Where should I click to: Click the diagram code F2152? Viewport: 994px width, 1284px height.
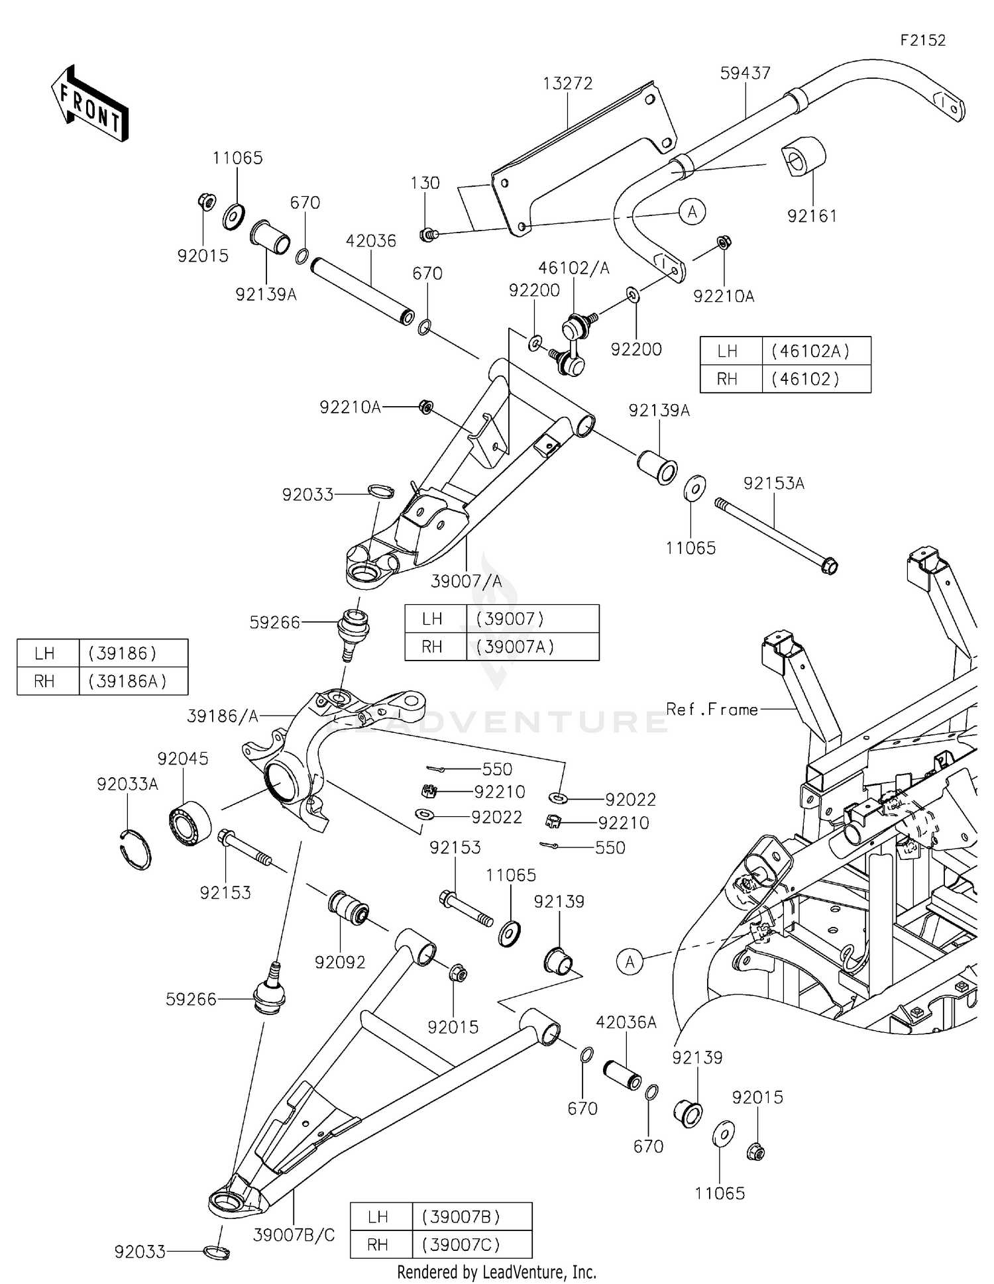(922, 40)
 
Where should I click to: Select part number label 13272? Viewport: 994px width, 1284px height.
(567, 83)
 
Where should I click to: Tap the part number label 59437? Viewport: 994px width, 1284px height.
(745, 73)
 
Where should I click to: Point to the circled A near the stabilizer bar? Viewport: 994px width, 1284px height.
(692, 212)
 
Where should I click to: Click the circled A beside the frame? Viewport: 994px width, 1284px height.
(630, 961)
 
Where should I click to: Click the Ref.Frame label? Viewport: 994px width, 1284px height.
(712, 710)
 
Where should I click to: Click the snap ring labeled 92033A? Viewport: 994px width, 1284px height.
(137, 849)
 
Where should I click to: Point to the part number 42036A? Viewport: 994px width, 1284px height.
(626, 1022)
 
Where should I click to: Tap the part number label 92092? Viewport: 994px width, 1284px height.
(340, 962)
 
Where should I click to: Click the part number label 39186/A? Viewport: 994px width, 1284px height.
(222, 716)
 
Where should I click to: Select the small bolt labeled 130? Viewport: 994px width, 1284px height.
(427, 234)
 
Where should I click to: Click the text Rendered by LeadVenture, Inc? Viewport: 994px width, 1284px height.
(496, 1272)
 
